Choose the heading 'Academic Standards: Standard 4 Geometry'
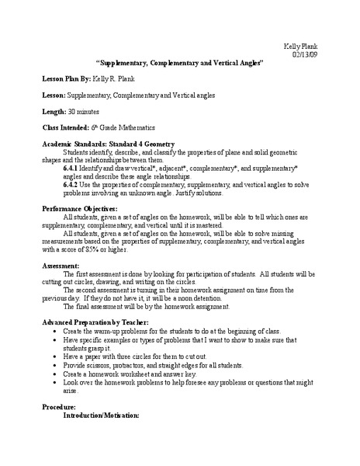pyautogui.click(x=109, y=144)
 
